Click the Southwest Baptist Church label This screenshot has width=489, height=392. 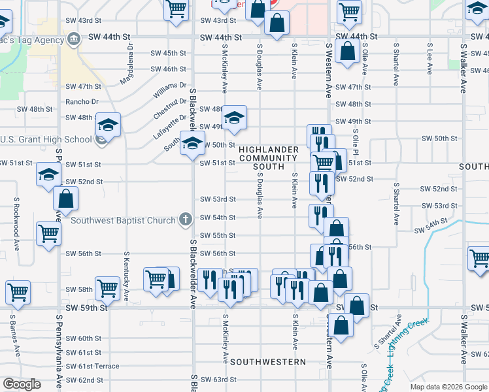click(x=124, y=220)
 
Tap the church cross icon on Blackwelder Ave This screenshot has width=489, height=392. click(x=186, y=220)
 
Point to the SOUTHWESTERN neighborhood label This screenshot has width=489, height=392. click(x=268, y=361)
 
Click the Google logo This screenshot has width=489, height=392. click(x=22, y=384)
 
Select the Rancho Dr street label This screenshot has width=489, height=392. click(x=82, y=101)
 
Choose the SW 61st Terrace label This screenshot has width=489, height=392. click(x=93, y=367)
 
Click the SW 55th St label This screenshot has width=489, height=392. click(x=217, y=235)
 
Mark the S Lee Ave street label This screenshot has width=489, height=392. click(x=430, y=59)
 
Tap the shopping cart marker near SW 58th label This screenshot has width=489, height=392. click(x=107, y=287)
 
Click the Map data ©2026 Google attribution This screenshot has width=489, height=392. click(x=448, y=387)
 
